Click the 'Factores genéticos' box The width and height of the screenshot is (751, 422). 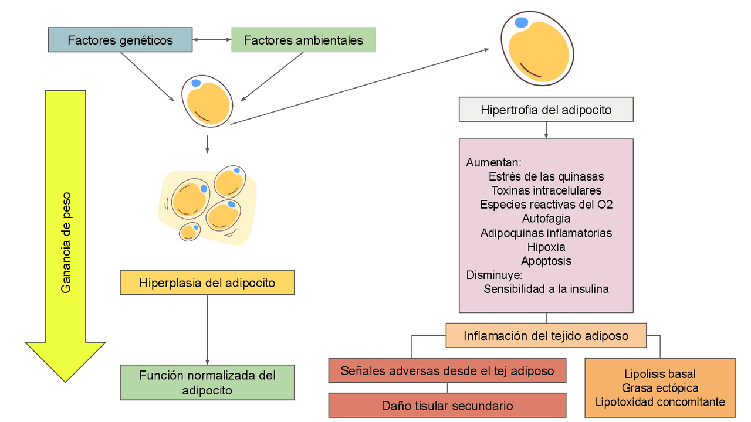tap(120, 40)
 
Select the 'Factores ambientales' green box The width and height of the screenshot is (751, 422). tap(303, 40)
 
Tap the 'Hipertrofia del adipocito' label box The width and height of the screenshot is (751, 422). tap(546, 110)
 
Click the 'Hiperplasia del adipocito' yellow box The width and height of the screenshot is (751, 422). tap(207, 283)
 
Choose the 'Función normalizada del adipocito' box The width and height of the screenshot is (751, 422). tap(207, 382)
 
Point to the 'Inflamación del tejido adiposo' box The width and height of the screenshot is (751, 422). tap(546, 336)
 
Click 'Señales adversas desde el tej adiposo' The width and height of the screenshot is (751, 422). tap(447, 370)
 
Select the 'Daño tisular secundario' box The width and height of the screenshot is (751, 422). tap(447, 406)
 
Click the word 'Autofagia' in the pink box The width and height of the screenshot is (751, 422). tap(546, 219)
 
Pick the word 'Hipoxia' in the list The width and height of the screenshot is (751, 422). tap(546, 247)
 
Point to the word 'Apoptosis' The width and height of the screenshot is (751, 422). tap(546, 261)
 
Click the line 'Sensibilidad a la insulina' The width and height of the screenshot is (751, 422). tap(546, 289)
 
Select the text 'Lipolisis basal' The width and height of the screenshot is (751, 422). tap(660, 374)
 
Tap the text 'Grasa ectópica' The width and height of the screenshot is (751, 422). tap(660, 388)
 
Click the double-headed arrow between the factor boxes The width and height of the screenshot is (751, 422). tap(212, 40)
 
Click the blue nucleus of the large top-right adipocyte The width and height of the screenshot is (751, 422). tap(521, 23)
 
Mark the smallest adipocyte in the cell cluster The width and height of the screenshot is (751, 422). tap(190, 232)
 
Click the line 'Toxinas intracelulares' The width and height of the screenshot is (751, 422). tap(546, 190)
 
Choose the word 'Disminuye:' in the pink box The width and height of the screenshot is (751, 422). tap(494, 275)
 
